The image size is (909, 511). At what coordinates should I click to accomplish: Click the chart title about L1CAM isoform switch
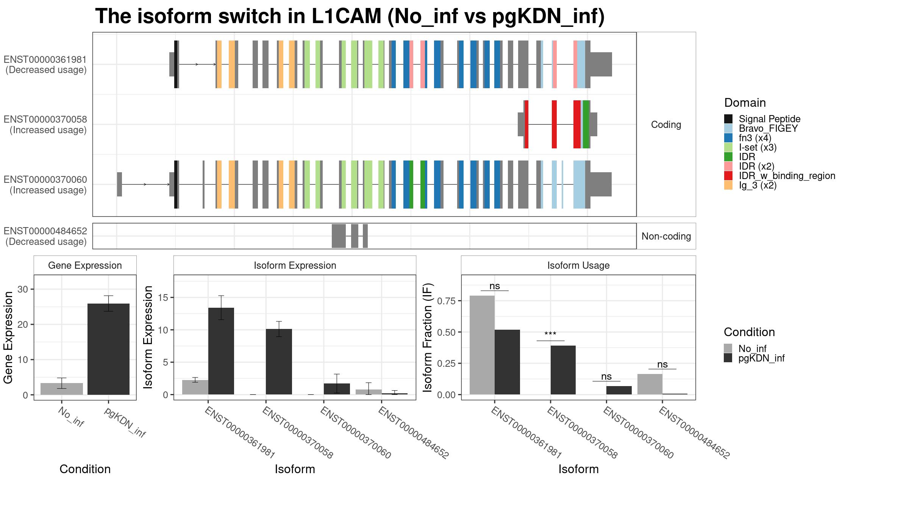click(350, 16)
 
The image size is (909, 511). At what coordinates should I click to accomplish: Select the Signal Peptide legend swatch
click(728, 119)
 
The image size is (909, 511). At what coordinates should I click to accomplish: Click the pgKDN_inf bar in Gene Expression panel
click(108, 349)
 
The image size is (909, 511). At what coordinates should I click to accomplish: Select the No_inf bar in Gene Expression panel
click(62, 389)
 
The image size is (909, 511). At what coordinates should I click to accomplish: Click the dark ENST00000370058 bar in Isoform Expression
click(279, 362)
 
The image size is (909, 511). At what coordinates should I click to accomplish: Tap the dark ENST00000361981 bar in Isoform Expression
click(221, 351)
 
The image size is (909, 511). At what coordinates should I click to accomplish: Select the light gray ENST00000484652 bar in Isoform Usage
click(650, 384)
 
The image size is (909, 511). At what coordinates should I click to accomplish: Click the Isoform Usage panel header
click(578, 265)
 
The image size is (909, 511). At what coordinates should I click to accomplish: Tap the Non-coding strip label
click(666, 236)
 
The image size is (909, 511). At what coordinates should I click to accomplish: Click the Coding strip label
click(666, 125)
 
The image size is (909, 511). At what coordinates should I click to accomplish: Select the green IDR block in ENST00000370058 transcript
click(586, 124)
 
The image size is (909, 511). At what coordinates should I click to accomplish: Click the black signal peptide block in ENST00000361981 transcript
click(176, 64)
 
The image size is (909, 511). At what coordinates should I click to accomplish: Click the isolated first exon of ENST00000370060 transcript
click(119, 184)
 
